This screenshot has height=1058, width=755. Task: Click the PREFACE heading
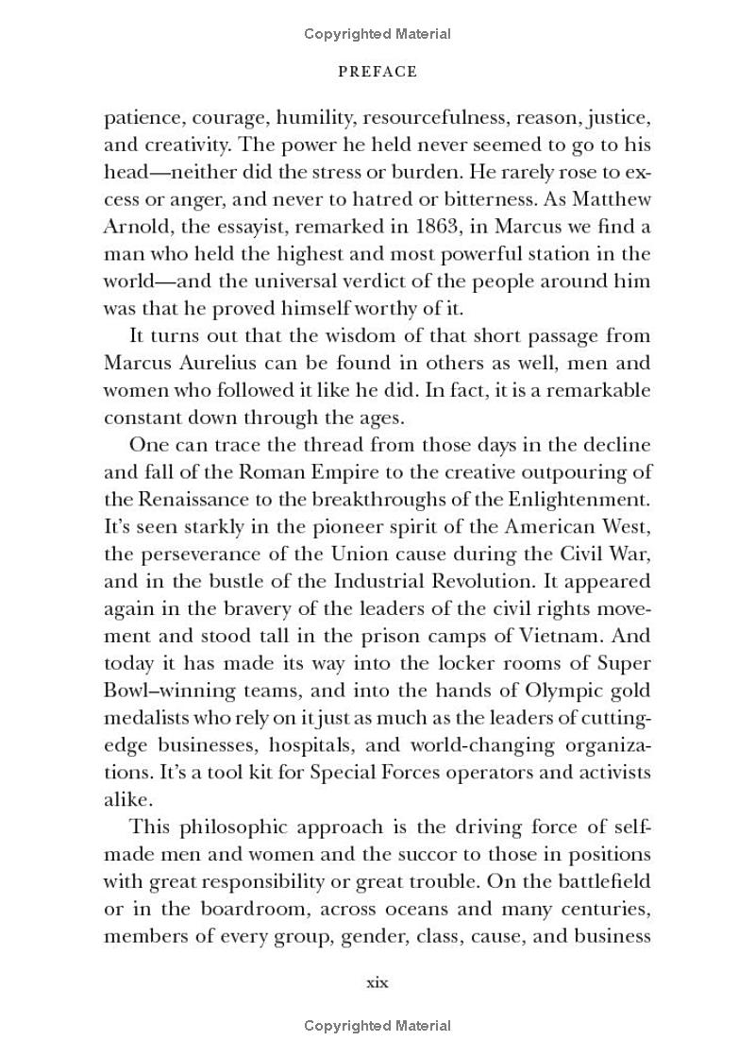(377, 72)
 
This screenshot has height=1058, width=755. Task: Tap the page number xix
(377, 982)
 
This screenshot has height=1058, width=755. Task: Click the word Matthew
(612, 200)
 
